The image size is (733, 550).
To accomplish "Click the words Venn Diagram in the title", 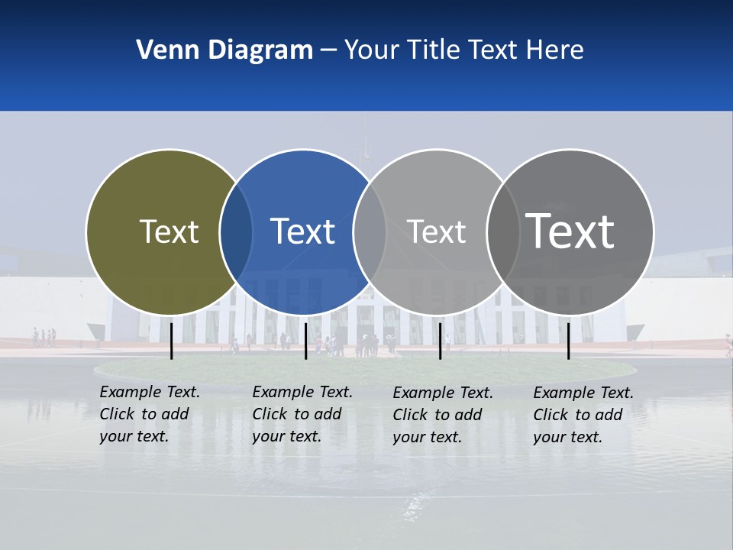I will (224, 50).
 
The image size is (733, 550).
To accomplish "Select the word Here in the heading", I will (554, 50).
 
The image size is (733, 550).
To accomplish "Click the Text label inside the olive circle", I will (169, 231).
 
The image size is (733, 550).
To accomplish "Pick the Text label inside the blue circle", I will (303, 231).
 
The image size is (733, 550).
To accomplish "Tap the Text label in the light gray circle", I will (436, 231).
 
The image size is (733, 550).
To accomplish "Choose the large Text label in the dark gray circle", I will (570, 231).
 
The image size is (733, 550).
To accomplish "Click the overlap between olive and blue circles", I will (236, 231).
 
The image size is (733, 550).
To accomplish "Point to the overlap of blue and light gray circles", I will (370, 231).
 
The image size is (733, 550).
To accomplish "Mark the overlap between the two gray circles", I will (502, 231).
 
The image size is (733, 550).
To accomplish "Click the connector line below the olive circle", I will (172, 341).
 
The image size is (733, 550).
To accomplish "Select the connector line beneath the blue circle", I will (305, 341).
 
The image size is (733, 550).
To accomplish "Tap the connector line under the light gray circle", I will (440, 341).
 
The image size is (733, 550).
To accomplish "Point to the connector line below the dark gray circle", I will (569, 341).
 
